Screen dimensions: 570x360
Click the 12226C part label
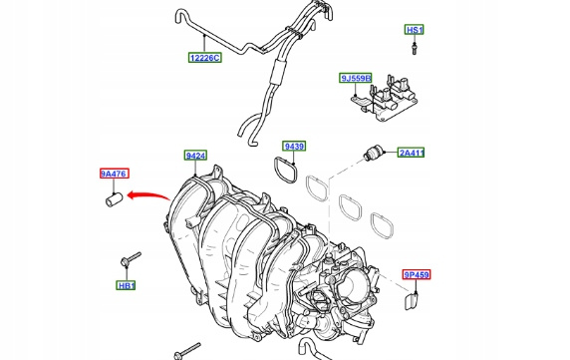pyautogui.click(x=205, y=58)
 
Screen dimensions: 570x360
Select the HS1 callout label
pyautogui.click(x=415, y=30)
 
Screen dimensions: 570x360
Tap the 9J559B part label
pyautogui.click(x=356, y=78)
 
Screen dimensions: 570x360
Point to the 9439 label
pyautogui.click(x=294, y=146)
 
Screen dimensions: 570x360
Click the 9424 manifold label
pyautogui.click(x=195, y=156)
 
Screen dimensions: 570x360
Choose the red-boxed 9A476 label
pyautogui.click(x=115, y=174)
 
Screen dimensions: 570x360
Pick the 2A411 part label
pyautogui.click(x=412, y=153)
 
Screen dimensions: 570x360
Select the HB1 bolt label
pyautogui.click(x=127, y=285)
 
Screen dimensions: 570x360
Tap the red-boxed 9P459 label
pyautogui.click(x=417, y=274)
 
